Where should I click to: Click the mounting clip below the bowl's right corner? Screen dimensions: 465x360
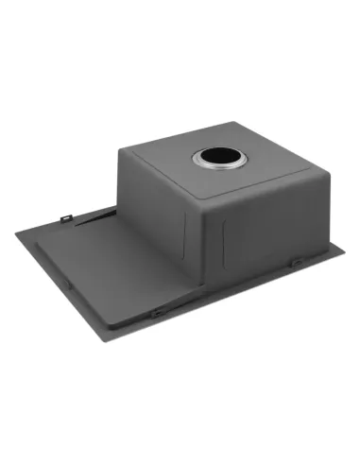(x=295, y=261)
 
